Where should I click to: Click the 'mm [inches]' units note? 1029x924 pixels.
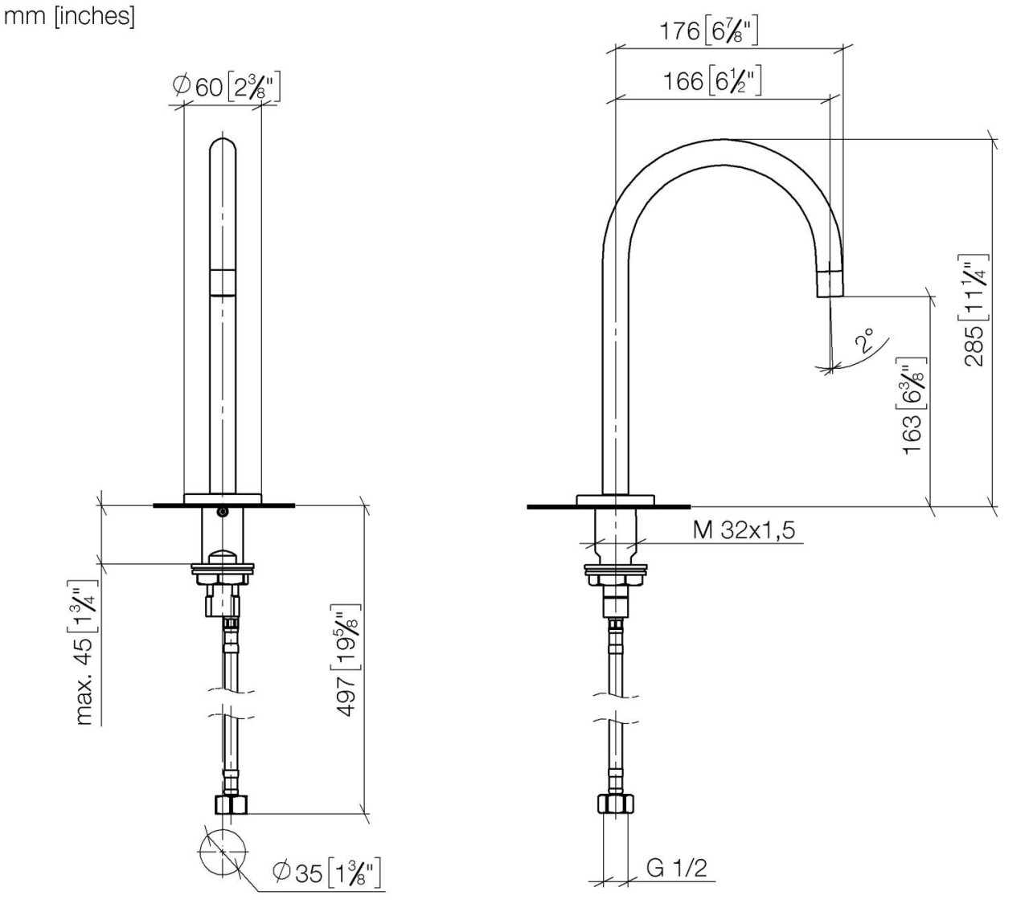70,16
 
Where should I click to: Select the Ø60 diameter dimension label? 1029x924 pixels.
226,86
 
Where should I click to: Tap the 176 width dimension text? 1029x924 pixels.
708,32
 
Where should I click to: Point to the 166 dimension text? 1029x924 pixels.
711,81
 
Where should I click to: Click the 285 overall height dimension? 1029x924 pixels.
974,309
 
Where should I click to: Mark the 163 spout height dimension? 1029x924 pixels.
913,407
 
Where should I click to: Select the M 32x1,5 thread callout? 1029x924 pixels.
744,529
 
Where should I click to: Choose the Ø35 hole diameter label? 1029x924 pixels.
326,873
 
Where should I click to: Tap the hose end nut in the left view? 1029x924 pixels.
231,804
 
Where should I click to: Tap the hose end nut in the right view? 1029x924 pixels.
616,803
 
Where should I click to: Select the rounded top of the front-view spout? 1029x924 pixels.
223,149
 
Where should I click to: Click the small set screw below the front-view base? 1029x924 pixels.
223,512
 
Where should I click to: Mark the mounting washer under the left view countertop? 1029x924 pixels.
223,570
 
